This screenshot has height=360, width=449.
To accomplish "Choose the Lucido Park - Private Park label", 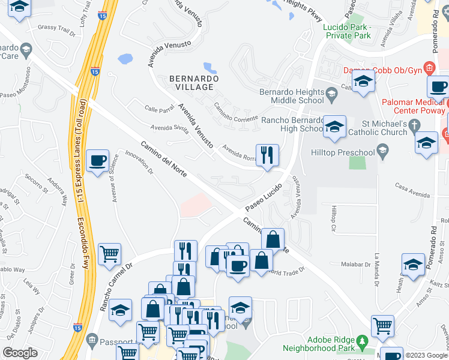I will [x=347, y=32].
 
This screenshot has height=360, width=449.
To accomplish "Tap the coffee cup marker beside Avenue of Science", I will [x=97, y=161].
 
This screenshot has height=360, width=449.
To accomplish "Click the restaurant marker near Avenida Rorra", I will [x=267, y=155].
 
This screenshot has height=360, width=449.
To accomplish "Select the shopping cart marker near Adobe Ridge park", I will [x=382, y=326].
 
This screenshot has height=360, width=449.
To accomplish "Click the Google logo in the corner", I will [x=20, y=353].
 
